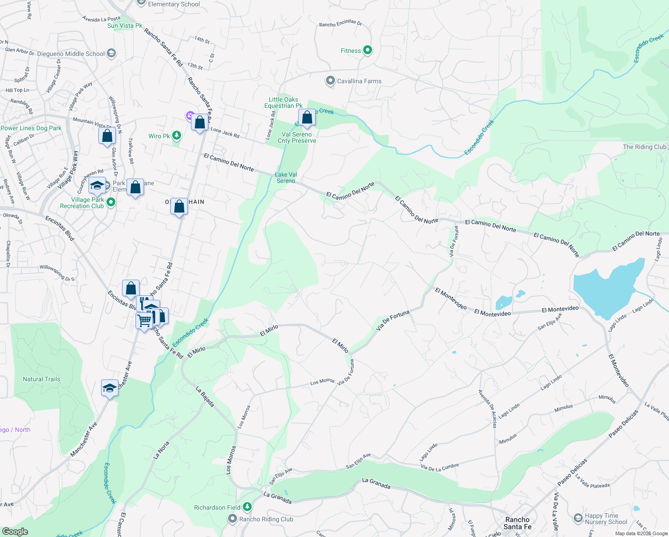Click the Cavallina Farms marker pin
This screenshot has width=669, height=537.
[x=330, y=81]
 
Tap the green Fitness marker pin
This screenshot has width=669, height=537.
[x=367, y=50]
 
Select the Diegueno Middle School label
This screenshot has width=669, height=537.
[x=71, y=54]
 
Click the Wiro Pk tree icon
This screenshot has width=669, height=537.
[x=177, y=136]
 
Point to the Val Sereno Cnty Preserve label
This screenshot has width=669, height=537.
[x=296, y=137]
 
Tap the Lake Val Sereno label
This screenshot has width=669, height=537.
[x=286, y=178]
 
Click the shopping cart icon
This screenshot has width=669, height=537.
[x=144, y=320]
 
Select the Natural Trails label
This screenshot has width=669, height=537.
[x=41, y=379]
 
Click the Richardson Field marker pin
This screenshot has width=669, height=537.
[x=247, y=507]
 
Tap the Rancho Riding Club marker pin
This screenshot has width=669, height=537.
[x=233, y=519]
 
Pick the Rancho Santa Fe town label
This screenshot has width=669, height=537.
[x=517, y=523]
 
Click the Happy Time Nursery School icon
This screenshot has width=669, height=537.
[x=578, y=518]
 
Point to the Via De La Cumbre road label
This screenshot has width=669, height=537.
[x=440, y=467]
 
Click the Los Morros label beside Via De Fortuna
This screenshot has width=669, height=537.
[x=322, y=382]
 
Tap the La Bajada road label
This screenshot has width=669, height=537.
[x=205, y=397]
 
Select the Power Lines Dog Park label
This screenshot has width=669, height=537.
[x=31, y=128]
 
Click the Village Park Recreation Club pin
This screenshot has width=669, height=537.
[x=111, y=202]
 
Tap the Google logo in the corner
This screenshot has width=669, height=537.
[x=15, y=532]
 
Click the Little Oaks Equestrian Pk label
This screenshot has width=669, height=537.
[x=283, y=102]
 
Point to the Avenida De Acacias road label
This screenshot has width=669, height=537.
[x=487, y=409]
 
